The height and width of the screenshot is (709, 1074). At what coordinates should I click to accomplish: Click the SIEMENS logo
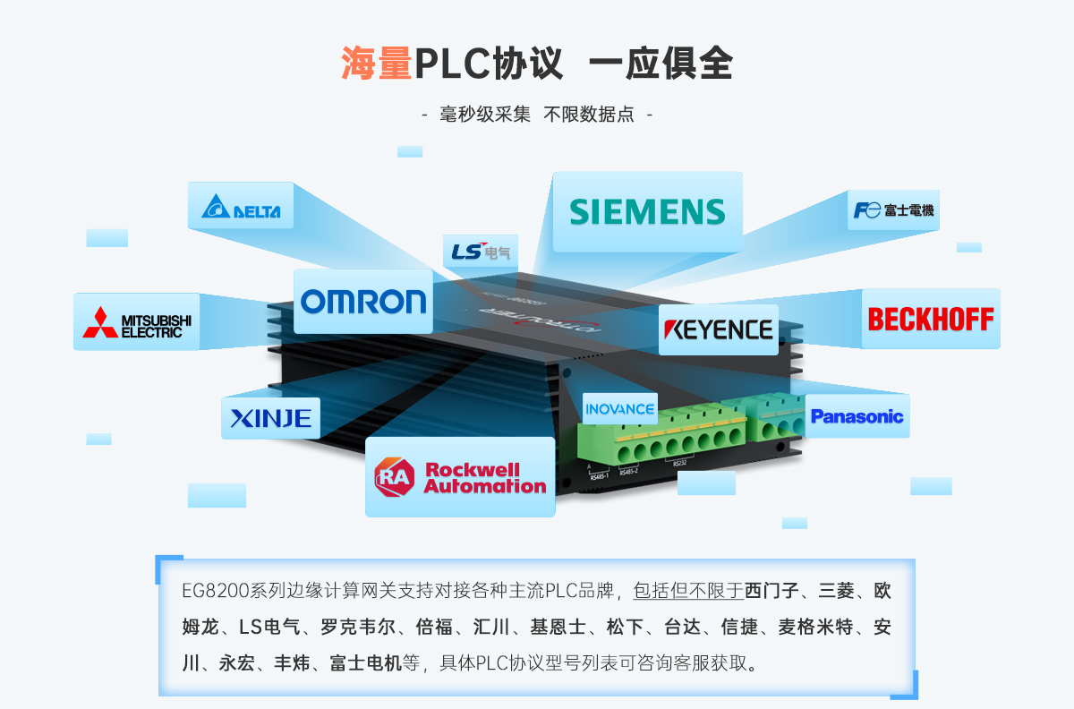coord(647,211)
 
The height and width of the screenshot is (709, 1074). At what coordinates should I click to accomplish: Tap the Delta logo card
coord(241,207)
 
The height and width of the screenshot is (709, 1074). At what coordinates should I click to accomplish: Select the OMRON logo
coord(363,302)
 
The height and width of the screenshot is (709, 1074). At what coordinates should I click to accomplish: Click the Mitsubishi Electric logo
coord(137,322)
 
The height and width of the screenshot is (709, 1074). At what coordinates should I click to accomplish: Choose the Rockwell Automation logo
coord(460,477)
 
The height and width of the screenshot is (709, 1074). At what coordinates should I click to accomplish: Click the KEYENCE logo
coord(718,329)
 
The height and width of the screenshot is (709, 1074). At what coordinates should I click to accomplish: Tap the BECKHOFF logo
coord(931,319)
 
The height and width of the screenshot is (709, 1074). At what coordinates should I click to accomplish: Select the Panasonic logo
coord(857,416)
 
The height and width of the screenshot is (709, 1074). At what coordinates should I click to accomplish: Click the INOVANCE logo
coord(619,409)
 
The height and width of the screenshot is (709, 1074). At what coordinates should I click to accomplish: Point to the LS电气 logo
coord(480,252)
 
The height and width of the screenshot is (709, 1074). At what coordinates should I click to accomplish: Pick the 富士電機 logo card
coord(893,210)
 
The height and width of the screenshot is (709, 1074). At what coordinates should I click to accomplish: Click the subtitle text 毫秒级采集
coord(486,115)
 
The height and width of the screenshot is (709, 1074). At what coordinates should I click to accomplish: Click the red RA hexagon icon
coord(396,477)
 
